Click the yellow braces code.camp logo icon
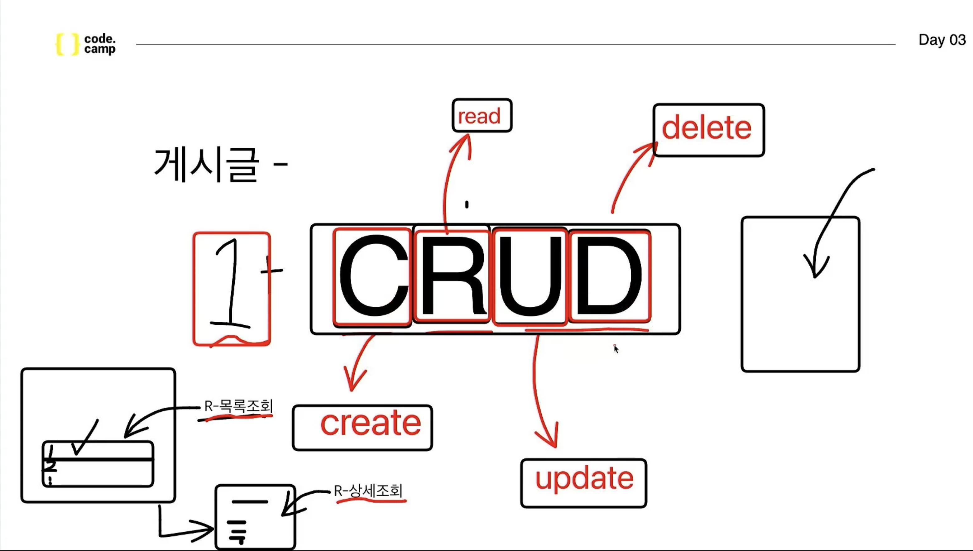click(67, 44)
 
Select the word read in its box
click(479, 116)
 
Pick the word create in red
click(371, 424)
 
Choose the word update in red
click(584, 479)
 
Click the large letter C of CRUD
click(373, 276)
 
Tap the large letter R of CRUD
click(453, 276)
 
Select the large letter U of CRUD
click(530, 276)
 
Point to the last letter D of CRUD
click(608, 276)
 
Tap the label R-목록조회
click(238, 406)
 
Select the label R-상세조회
click(368, 491)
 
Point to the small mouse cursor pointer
click(616, 348)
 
